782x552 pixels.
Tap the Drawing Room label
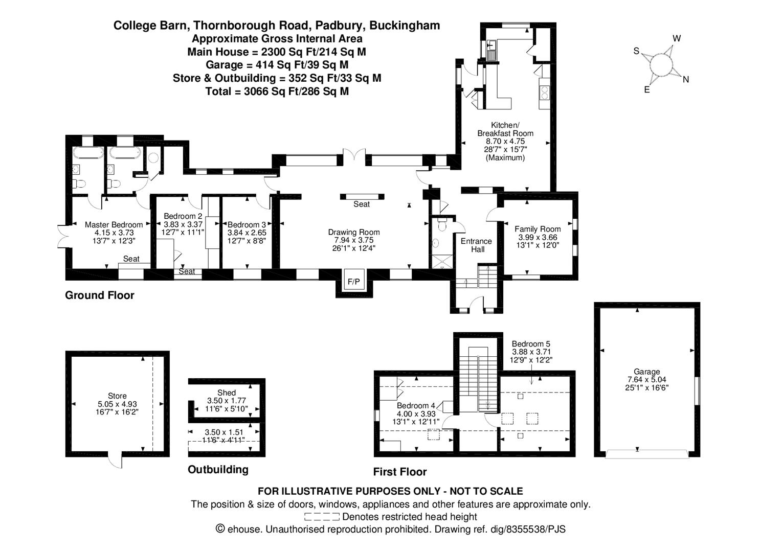pyautogui.click(x=354, y=233)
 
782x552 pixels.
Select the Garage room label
pyautogui.click(x=646, y=372)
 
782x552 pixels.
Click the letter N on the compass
pyautogui.click(x=686, y=79)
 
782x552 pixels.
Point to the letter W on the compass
pyautogui.click(x=677, y=38)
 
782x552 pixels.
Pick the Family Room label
pyautogui.click(x=538, y=229)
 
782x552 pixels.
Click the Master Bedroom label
pyautogui.click(x=114, y=225)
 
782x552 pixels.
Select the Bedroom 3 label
pyautogui.click(x=247, y=225)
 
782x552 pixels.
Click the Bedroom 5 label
pyautogui.click(x=531, y=344)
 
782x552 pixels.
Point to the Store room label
pyautogui.click(x=117, y=396)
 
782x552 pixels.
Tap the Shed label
pyautogui.click(x=227, y=393)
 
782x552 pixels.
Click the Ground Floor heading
pyautogui.click(x=100, y=295)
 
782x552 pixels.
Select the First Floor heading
pyautogui.click(x=400, y=472)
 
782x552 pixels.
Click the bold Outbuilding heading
pyautogui.click(x=218, y=470)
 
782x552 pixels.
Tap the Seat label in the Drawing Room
pyautogui.click(x=362, y=204)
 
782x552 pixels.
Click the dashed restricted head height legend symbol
pyautogui.click(x=322, y=517)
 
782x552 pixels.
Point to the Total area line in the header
pyautogui.click(x=277, y=91)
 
